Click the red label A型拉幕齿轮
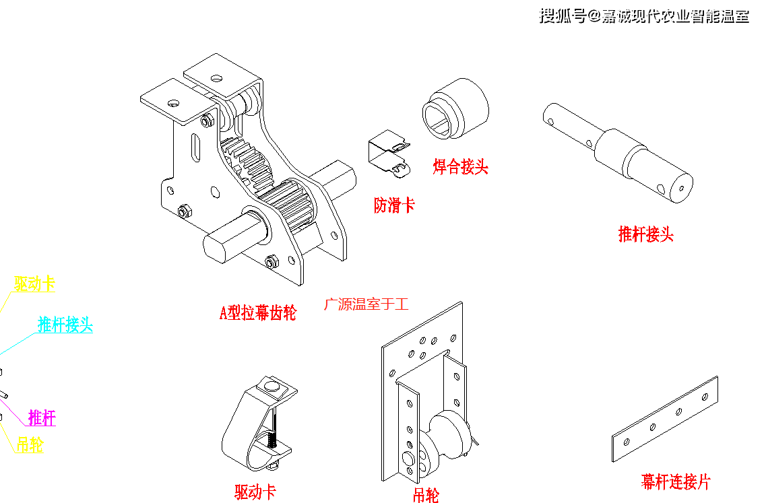pyautogui.click(x=258, y=312)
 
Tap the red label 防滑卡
pyautogui.click(x=394, y=205)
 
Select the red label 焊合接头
pyautogui.click(x=460, y=166)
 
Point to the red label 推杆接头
pyautogui.click(x=645, y=234)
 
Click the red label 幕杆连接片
pyautogui.click(x=675, y=481)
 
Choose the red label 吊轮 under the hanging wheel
pyautogui.click(x=426, y=496)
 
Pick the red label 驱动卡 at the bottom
pyautogui.click(x=255, y=492)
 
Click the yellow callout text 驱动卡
pyautogui.click(x=34, y=284)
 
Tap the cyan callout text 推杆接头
pyautogui.click(x=65, y=325)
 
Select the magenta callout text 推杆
pyautogui.click(x=42, y=418)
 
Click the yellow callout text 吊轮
pyautogui.click(x=30, y=444)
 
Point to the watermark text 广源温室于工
pyautogui.click(x=366, y=304)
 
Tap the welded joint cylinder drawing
pyautogui.click(x=455, y=108)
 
